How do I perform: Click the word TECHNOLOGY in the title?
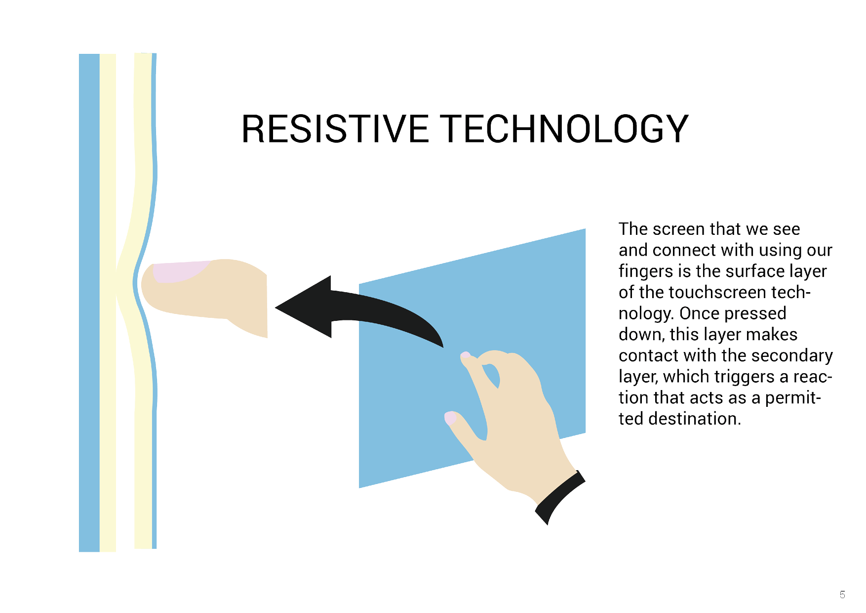pyautogui.click(x=564, y=129)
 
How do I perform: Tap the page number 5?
pyautogui.click(x=842, y=595)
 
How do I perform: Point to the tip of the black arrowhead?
pyautogui.click(x=276, y=307)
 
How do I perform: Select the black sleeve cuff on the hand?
pyautogui.click(x=559, y=497)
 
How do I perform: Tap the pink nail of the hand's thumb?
pyautogui.click(x=450, y=418)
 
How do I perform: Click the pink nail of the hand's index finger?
pyautogui.click(x=466, y=355)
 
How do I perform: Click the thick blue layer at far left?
pyautogui.click(x=89, y=303)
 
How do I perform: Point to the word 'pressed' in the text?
pyautogui.click(x=755, y=314)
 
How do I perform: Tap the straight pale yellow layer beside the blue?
pyautogui.click(x=108, y=303)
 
